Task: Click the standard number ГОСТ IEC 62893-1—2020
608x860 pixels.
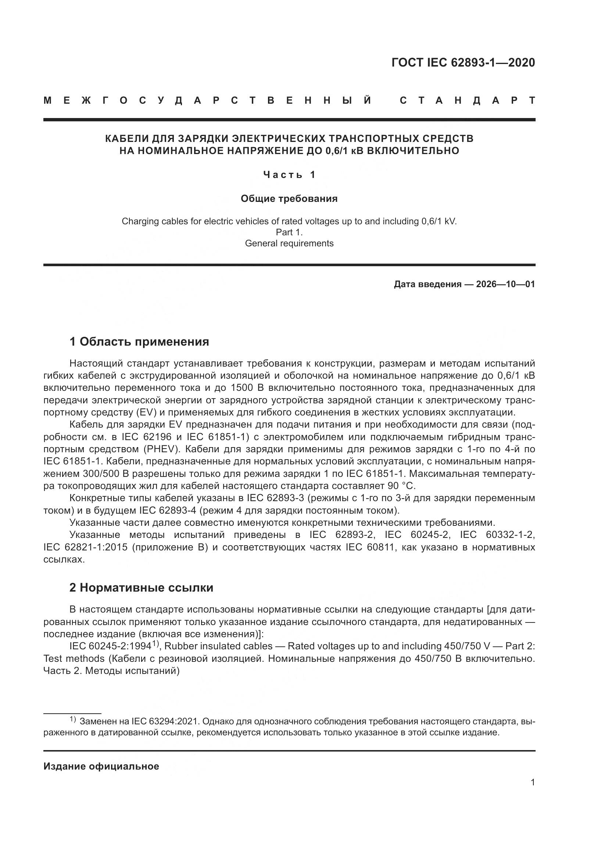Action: point(463,63)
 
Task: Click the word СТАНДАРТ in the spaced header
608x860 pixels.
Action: point(467,101)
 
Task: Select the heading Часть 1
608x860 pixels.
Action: point(289,175)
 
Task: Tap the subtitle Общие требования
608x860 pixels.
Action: point(289,199)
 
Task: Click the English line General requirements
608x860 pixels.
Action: point(289,243)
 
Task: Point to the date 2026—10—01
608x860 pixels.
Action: point(505,284)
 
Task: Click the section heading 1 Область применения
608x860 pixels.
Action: point(139,342)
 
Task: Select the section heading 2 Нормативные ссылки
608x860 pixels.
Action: point(141,588)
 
